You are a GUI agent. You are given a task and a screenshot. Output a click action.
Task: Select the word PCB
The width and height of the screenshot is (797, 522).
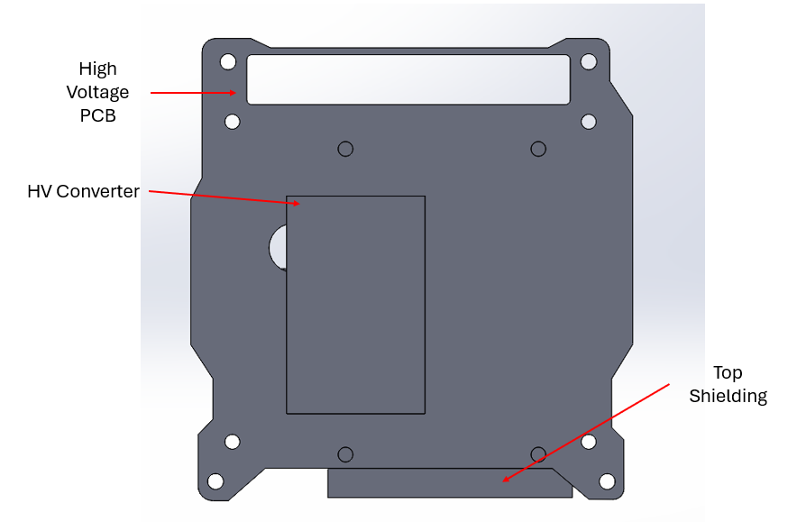tap(97, 115)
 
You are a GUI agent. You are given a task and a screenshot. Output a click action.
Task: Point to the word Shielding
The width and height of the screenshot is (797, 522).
tap(728, 396)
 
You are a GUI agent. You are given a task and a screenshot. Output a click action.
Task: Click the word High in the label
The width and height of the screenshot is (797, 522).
tap(97, 69)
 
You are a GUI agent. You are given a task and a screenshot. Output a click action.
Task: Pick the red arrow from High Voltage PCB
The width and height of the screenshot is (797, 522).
tap(194, 92)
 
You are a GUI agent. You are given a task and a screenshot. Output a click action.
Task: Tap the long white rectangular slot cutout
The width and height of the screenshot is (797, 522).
tap(408, 79)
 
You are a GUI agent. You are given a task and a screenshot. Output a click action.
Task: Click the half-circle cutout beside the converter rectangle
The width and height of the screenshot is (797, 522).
tap(278, 245)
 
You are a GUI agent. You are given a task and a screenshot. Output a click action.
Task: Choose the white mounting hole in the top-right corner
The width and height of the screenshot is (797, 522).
tap(589, 61)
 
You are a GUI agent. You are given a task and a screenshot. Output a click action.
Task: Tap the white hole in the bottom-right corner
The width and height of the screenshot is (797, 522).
tap(607, 481)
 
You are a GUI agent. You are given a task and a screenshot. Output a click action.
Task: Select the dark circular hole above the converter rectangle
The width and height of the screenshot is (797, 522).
tap(345, 149)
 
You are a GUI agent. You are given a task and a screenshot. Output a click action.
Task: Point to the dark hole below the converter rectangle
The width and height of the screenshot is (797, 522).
tap(345, 454)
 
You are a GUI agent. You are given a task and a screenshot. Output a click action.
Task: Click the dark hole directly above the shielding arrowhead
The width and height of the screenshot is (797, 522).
tap(538, 454)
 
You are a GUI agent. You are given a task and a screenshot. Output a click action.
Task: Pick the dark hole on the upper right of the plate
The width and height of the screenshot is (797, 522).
tap(538, 149)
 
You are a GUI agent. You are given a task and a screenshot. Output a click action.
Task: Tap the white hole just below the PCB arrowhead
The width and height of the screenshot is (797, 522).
tap(233, 121)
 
